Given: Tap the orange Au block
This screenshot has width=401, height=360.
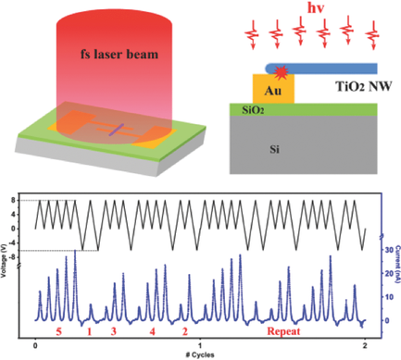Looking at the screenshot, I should pyautogui.click(x=273, y=91).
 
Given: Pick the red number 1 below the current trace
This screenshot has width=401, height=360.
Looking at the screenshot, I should pyautogui.click(x=88, y=330).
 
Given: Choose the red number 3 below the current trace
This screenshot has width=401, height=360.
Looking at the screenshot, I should pyautogui.click(x=114, y=330).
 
